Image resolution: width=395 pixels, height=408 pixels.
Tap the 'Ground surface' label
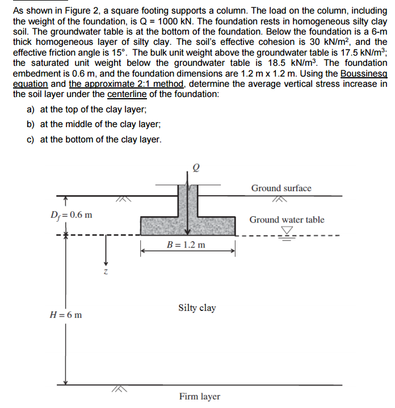click(x=281, y=188)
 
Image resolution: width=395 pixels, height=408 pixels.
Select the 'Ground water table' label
click(x=287, y=220)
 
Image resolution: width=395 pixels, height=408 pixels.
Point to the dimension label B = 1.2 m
click(x=187, y=245)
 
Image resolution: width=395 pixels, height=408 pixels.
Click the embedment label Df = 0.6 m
click(x=72, y=215)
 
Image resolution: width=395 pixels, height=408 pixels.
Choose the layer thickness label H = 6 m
click(x=66, y=314)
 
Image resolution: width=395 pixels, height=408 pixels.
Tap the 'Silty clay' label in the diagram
click(x=197, y=308)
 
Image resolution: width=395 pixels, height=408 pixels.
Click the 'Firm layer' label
click(x=199, y=396)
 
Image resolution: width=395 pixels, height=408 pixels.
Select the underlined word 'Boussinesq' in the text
click(x=364, y=73)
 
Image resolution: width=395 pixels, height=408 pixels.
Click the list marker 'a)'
click(x=31, y=110)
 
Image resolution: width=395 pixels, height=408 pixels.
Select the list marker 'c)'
click(x=31, y=139)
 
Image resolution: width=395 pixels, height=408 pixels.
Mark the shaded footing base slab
click(x=187, y=225)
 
